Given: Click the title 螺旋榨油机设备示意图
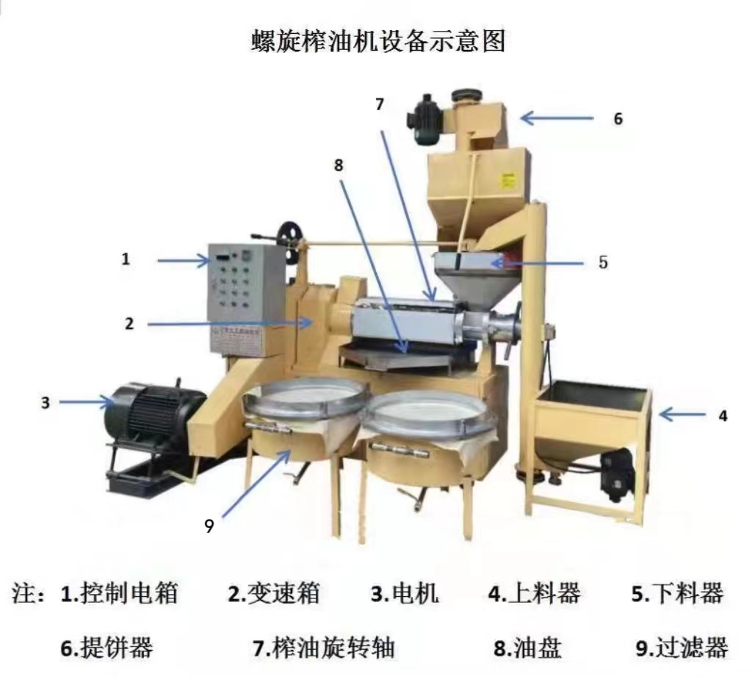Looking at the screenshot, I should (x=377, y=40).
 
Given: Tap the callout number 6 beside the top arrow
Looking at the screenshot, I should (x=618, y=117).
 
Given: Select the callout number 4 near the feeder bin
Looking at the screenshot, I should (x=723, y=416).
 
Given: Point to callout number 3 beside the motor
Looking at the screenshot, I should (x=46, y=402).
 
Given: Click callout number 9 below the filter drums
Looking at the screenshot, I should (x=209, y=526).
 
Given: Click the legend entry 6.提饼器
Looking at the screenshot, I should (x=106, y=648).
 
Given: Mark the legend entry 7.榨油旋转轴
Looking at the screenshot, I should (x=324, y=648).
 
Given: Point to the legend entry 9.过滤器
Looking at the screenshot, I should (x=682, y=648).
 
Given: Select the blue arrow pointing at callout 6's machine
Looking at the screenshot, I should (x=557, y=117).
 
